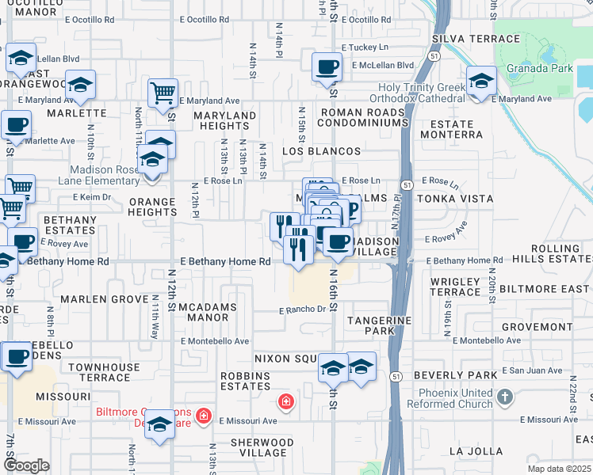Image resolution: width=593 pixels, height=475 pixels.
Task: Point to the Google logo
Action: (26, 465)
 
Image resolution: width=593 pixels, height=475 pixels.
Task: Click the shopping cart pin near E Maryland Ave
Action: (163, 93)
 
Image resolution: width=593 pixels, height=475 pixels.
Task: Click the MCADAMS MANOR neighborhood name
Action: (203, 312)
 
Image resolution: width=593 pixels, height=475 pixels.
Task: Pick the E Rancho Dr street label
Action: (302, 310)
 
